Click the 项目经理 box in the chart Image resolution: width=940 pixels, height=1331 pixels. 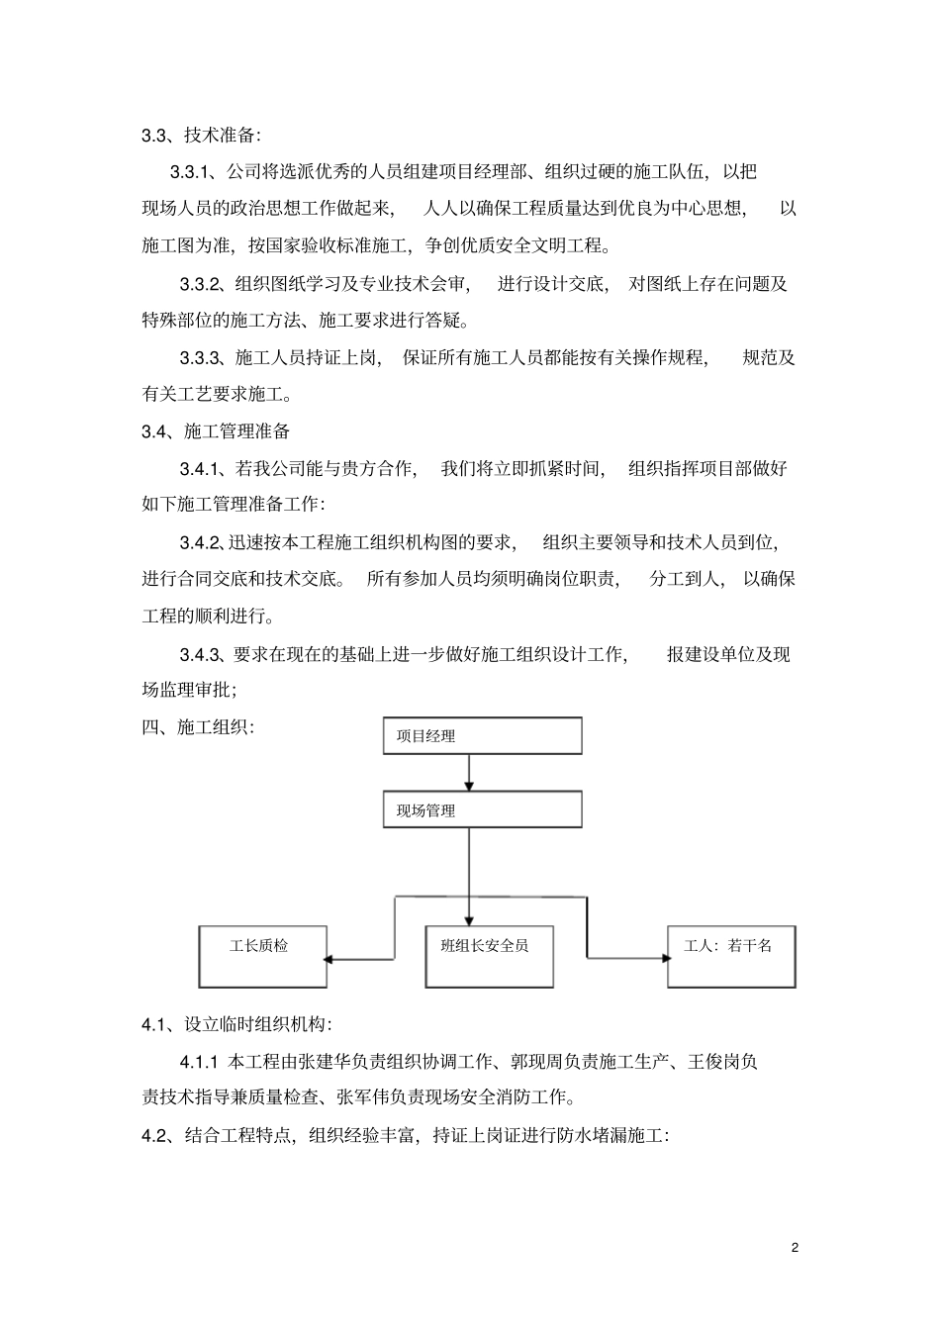[482, 736]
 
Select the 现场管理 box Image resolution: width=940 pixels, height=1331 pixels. [482, 810]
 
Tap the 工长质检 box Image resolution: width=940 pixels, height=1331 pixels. [262, 956]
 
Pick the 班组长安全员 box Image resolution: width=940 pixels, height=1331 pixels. [489, 956]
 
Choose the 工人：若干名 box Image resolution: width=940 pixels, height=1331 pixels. [731, 956]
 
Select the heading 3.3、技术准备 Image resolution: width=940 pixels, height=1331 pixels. [202, 136]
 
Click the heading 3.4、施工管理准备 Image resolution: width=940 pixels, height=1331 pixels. [216, 431]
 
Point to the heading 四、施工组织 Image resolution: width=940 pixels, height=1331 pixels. [198, 727]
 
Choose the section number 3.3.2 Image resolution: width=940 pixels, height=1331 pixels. [202, 284]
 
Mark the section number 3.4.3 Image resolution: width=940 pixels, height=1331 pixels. [202, 654]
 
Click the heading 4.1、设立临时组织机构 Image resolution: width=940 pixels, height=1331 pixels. [237, 1025]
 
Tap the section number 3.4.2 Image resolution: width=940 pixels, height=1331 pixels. [202, 542]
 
